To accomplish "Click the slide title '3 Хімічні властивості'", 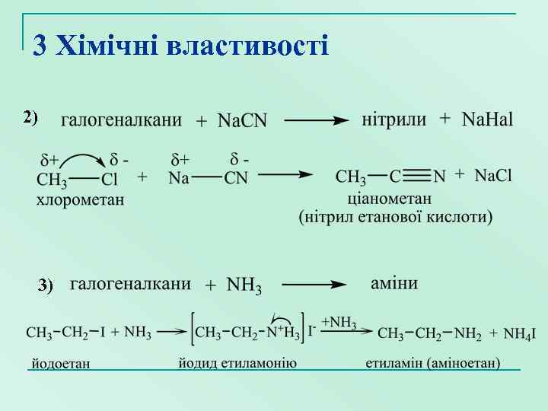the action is point(181,46).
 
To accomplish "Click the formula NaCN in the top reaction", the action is point(242,120).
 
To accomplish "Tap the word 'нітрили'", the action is point(393,119).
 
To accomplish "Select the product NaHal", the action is point(487,119).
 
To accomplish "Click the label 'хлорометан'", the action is point(81,200).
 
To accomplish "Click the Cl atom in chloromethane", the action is point(110,180).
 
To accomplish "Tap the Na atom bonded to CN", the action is point(179,179).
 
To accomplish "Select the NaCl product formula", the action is point(493,176).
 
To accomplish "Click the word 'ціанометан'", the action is point(389,199).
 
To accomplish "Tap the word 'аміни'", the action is point(393,283).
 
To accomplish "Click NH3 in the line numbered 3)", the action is point(244,286).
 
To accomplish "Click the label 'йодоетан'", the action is point(60,363).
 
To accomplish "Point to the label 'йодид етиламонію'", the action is point(237,362).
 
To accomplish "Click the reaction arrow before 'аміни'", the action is point(314,285).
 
